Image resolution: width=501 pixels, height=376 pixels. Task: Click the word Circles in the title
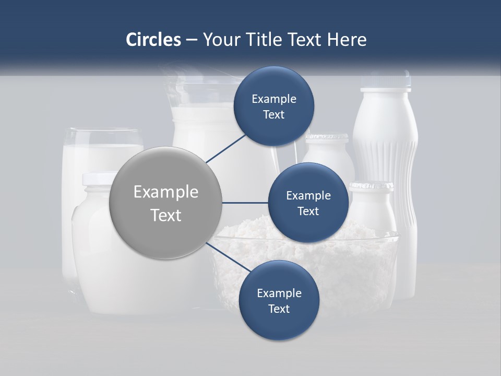click(153, 40)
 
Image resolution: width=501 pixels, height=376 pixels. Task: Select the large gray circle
click(165, 203)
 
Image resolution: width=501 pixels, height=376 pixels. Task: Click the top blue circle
click(274, 107)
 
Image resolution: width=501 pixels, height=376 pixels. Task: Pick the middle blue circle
click(308, 203)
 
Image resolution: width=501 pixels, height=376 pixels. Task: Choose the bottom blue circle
click(279, 301)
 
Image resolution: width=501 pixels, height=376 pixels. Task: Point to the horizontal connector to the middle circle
click(245, 203)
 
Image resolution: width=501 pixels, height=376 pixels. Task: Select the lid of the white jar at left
click(100, 179)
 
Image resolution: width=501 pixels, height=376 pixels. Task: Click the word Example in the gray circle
click(165, 192)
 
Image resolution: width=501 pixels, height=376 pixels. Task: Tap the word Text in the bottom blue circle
click(279, 309)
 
